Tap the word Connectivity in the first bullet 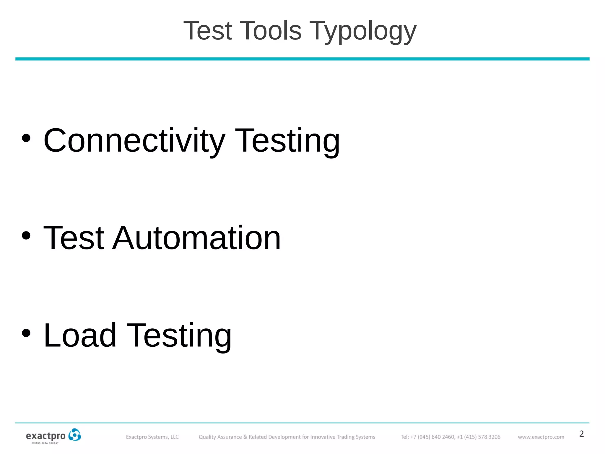click(x=134, y=141)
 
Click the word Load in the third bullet click(x=80, y=335)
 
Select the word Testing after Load click(x=179, y=336)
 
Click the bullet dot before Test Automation click(x=26, y=236)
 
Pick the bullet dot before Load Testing click(x=26, y=333)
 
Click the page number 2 click(x=581, y=434)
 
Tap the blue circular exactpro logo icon click(x=74, y=435)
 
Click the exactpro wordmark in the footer click(x=46, y=436)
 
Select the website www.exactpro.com click(x=541, y=437)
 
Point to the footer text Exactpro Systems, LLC click(x=152, y=437)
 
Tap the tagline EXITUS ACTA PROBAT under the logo click(x=45, y=443)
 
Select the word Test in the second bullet click(x=74, y=238)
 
